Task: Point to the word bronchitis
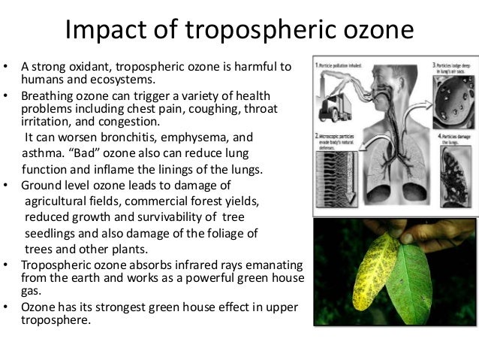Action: (x=128, y=138)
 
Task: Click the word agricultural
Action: (x=62, y=201)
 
